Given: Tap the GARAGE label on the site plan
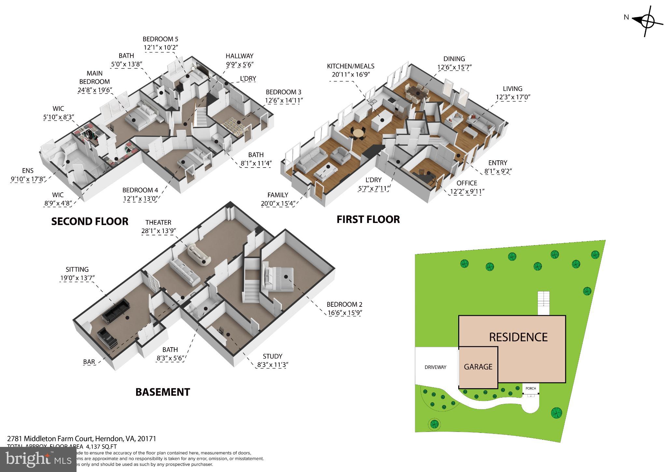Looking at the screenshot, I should point(478,367).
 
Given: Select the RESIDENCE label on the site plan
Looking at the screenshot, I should point(518,337).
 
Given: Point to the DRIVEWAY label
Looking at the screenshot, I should point(435,367).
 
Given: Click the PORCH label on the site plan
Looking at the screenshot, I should point(531,388).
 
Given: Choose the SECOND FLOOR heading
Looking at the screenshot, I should point(90,222).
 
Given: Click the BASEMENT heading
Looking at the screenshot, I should point(163,392).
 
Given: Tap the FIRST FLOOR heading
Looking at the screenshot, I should point(368,219).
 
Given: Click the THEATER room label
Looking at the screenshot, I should point(158,222).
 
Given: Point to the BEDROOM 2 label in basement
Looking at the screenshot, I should point(345,304).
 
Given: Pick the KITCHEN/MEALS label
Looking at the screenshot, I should point(350,66).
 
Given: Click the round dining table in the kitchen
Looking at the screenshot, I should point(358,133).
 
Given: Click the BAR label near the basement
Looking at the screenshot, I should point(89,362).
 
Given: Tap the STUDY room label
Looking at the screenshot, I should point(272,356).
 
